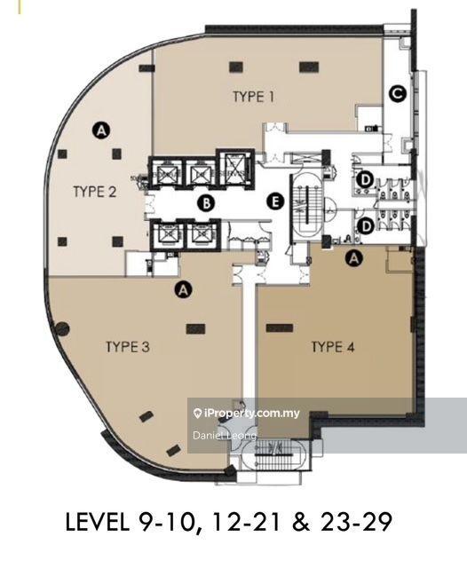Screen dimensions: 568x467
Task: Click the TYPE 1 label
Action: [x=253, y=97]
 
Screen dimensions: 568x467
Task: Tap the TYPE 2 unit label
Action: [x=95, y=190]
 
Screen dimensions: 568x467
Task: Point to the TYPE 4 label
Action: [x=333, y=347]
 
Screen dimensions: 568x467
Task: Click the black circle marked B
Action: [x=206, y=203]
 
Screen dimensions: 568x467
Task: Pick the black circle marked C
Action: [x=399, y=91]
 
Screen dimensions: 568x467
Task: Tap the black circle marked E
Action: [x=276, y=202]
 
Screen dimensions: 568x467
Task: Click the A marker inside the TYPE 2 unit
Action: [x=102, y=130]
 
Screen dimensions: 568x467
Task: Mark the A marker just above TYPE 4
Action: [x=355, y=258]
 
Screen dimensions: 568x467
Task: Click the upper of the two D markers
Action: [x=364, y=180]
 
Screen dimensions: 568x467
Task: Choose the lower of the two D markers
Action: [x=364, y=226]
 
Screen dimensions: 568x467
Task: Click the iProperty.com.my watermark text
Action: [x=252, y=414]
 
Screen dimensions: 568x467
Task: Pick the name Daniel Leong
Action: [x=224, y=436]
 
